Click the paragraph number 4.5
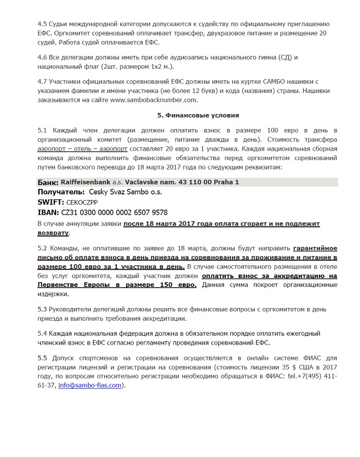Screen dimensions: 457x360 click(43, 24)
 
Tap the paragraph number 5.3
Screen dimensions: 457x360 click(43, 309)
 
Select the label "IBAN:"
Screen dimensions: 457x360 click(49, 213)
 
